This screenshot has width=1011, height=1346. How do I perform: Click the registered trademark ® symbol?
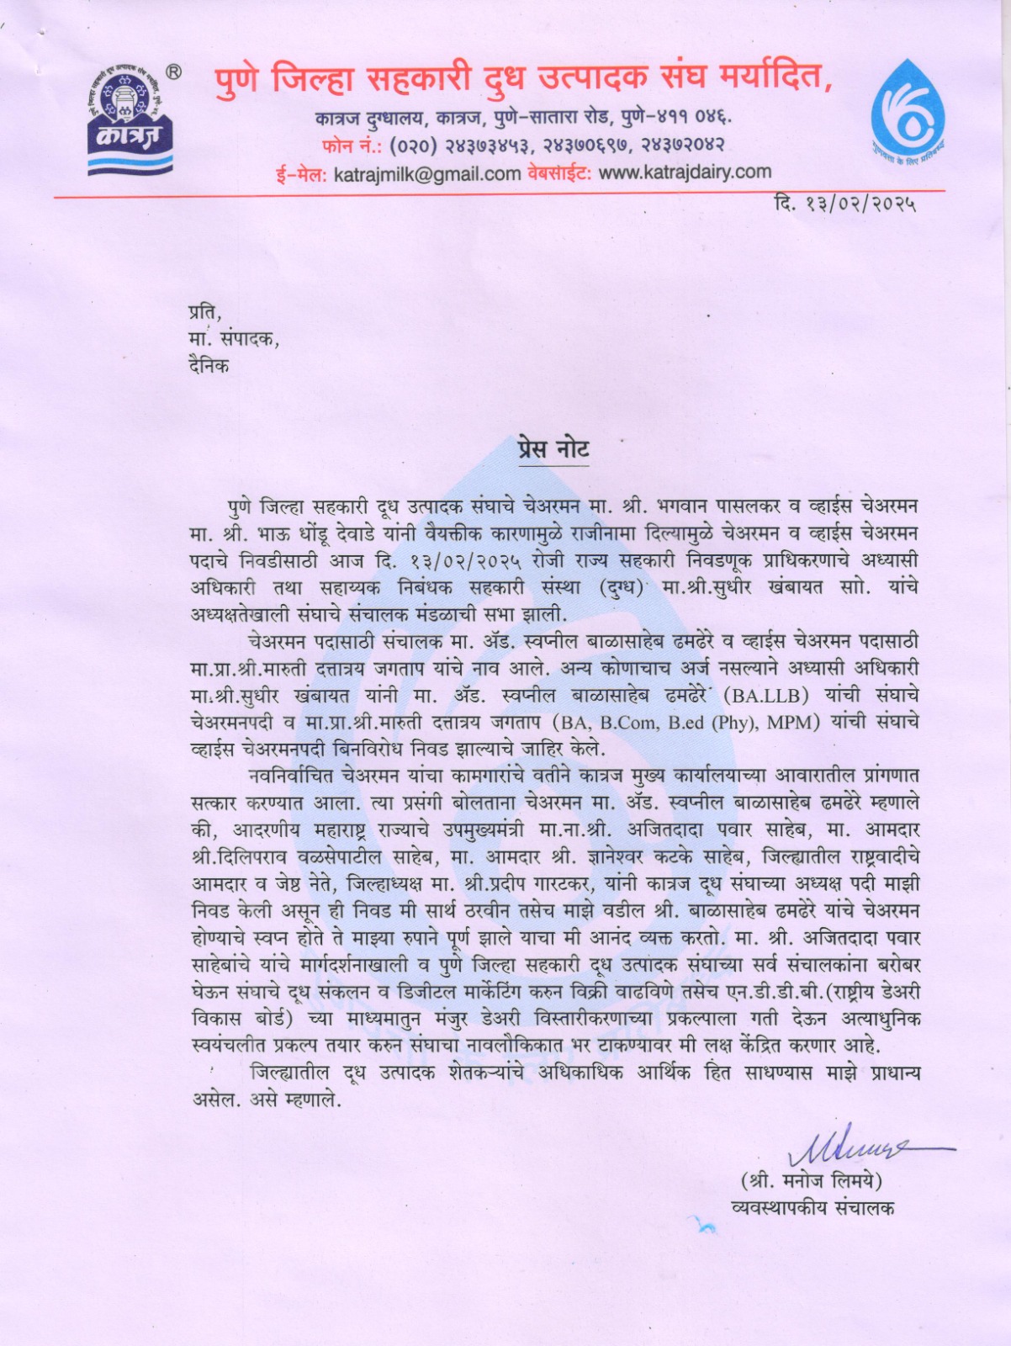pyautogui.click(x=173, y=72)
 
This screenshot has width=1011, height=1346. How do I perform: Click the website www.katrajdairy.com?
pyautogui.click(x=685, y=172)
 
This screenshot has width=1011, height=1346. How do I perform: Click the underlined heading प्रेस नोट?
pyautogui.click(x=553, y=448)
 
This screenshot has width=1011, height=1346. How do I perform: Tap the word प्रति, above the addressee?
pyautogui.click(x=205, y=313)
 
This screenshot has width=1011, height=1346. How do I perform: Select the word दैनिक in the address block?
pyautogui.click(x=209, y=366)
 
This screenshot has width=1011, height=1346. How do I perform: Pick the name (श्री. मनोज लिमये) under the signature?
pyautogui.click(x=811, y=1181)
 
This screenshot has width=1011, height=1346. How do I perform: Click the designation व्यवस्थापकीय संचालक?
pyautogui.click(x=813, y=1208)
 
